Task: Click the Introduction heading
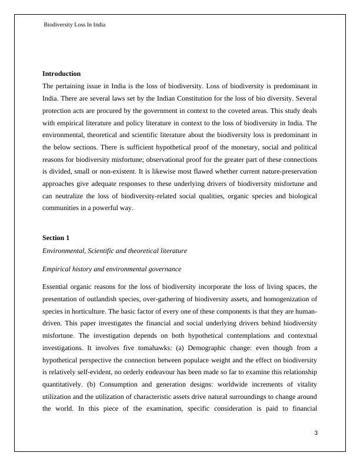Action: (x=61, y=74)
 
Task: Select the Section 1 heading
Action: (x=56, y=238)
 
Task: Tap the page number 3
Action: (x=315, y=434)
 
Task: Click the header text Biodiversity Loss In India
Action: (x=75, y=25)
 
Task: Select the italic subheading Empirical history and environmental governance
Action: (x=112, y=269)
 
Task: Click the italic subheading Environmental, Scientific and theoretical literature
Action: (x=115, y=251)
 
